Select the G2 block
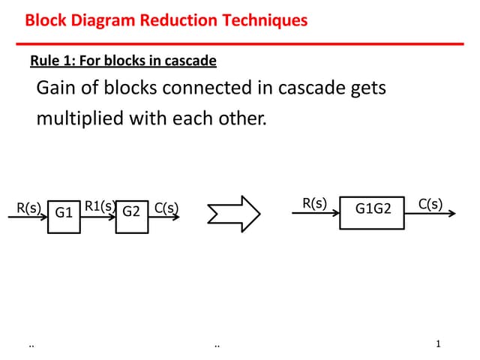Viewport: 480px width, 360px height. tap(132, 212)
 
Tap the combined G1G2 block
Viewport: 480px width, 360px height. tap(373, 209)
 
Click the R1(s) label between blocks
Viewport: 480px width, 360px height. tap(99, 206)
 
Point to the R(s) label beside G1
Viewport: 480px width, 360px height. tap(28, 208)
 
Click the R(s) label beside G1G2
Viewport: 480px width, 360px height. tap(314, 203)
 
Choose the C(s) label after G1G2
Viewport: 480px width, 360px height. tap(430, 203)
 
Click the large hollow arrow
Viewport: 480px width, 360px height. tap(234, 214)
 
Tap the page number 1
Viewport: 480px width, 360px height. tap(438, 344)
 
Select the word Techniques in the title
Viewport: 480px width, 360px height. tap(266, 20)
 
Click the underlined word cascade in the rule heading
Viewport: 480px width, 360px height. tap(194, 60)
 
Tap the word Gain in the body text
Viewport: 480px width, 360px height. tap(56, 89)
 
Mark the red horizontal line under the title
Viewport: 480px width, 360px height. tap(240, 43)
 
